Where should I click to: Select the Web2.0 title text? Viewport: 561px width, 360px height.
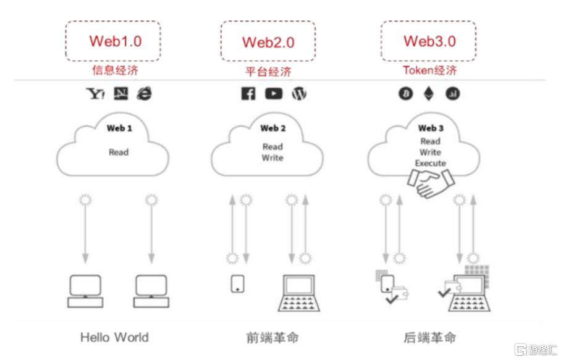(268, 43)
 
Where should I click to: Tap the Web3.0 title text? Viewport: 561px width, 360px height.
(429, 41)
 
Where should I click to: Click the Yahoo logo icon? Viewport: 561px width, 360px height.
(96, 94)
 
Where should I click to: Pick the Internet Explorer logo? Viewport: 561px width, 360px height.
(144, 93)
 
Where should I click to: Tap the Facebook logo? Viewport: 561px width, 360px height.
(248, 94)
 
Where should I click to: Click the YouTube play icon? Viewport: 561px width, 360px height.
(274, 94)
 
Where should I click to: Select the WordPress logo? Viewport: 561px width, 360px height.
(299, 94)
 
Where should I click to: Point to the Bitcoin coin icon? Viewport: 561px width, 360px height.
(406, 94)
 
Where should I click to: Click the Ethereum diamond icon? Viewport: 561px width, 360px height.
(429, 94)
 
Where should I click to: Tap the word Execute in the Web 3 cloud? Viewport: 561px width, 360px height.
(431, 164)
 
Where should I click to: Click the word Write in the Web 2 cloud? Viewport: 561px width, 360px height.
(272, 157)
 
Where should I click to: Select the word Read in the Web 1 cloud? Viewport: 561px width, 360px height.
(119, 153)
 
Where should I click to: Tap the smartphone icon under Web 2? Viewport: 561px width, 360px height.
(238, 284)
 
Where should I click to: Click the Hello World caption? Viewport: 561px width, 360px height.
(114, 337)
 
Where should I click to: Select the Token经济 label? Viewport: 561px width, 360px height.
(429, 70)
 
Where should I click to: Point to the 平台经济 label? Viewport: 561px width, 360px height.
(268, 72)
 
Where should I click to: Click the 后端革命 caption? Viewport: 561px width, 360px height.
(429, 338)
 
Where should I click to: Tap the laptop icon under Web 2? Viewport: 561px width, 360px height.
(299, 293)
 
